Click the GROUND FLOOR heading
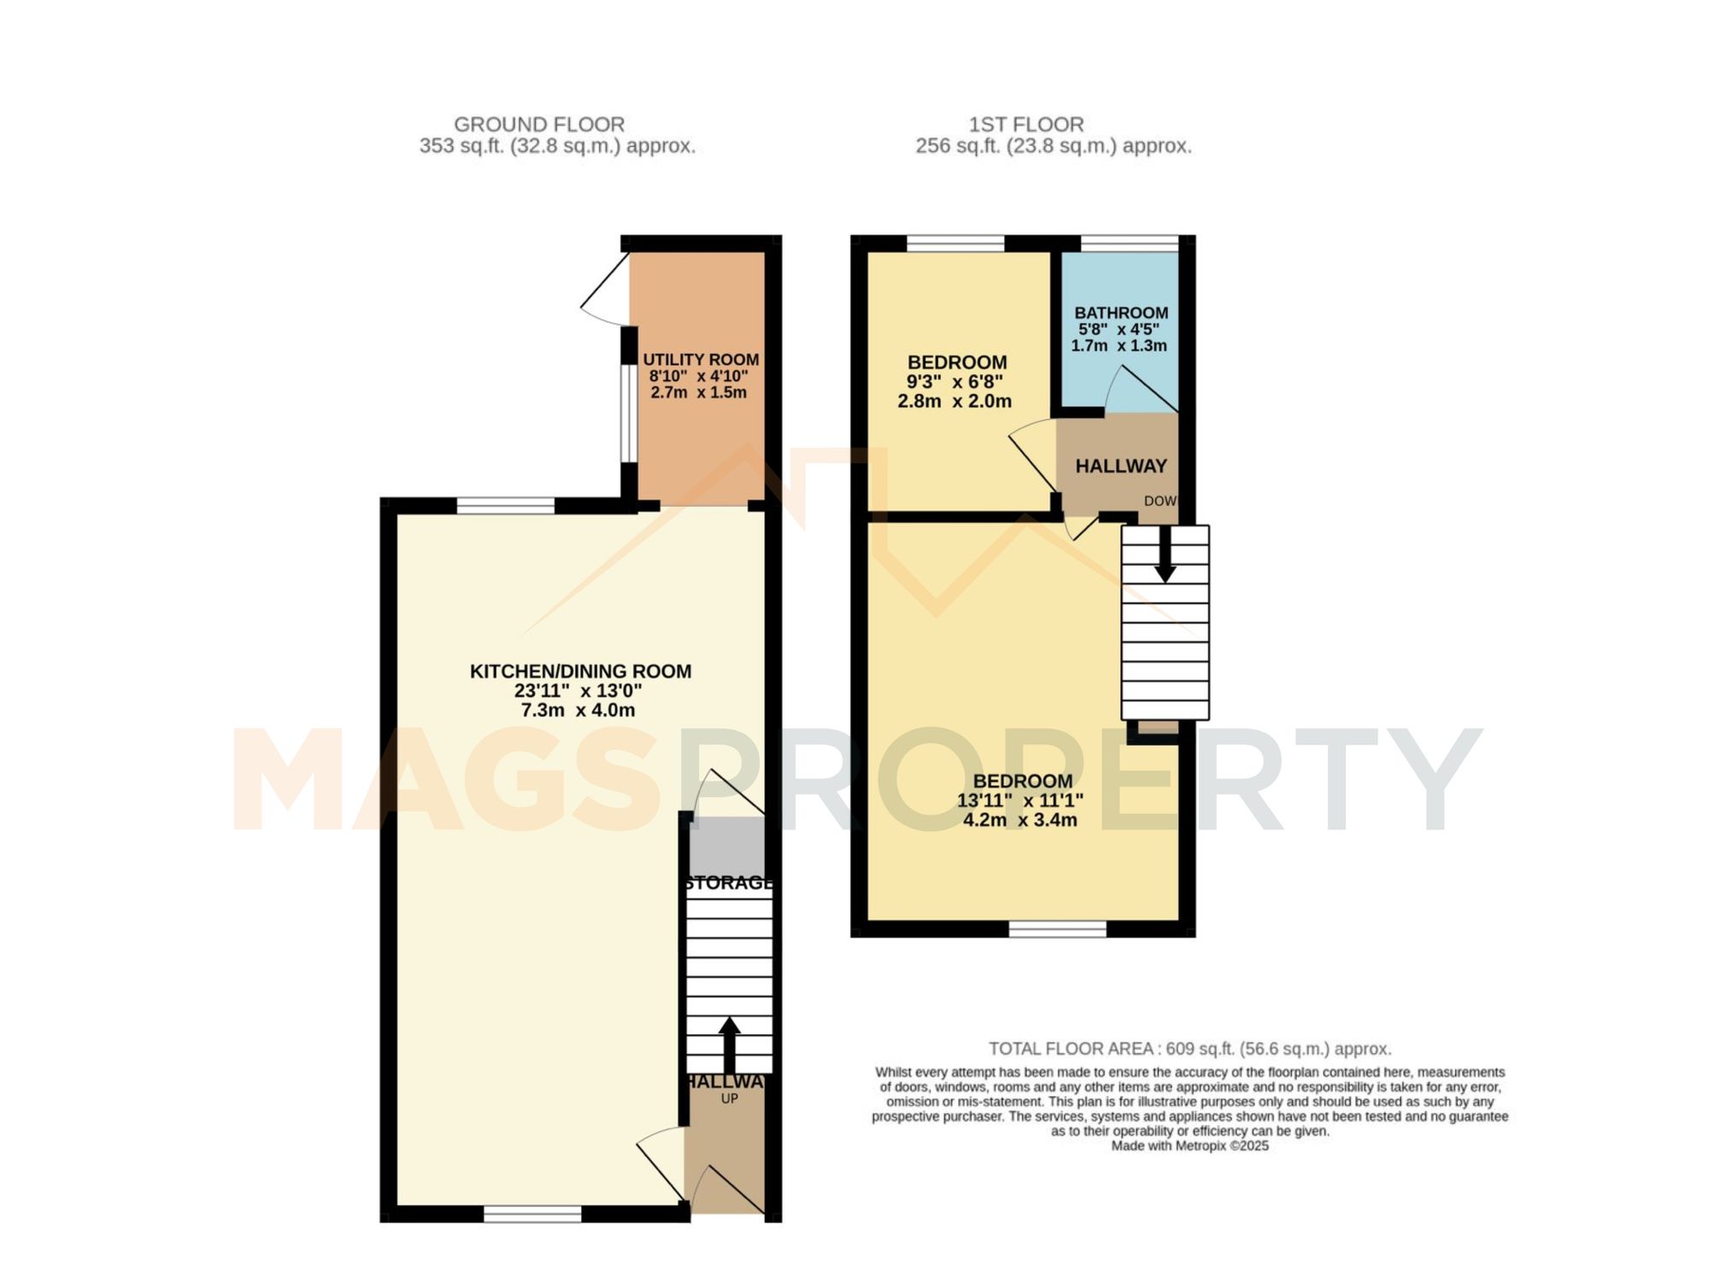click(539, 125)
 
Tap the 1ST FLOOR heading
click(1026, 125)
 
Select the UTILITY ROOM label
click(701, 360)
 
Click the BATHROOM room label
click(1121, 313)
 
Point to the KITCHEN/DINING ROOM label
click(580, 672)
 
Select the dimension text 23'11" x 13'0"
click(578, 691)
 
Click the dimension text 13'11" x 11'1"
click(1020, 801)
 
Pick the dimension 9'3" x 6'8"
click(954, 382)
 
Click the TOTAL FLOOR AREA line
click(1190, 1049)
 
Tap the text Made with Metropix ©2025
click(1189, 1146)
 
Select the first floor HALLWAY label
click(1121, 467)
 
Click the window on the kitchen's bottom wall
click(532, 1214)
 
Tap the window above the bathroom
click(1130, 244)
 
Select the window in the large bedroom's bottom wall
click(1058, 929)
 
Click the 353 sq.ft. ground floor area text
click(557, 146)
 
